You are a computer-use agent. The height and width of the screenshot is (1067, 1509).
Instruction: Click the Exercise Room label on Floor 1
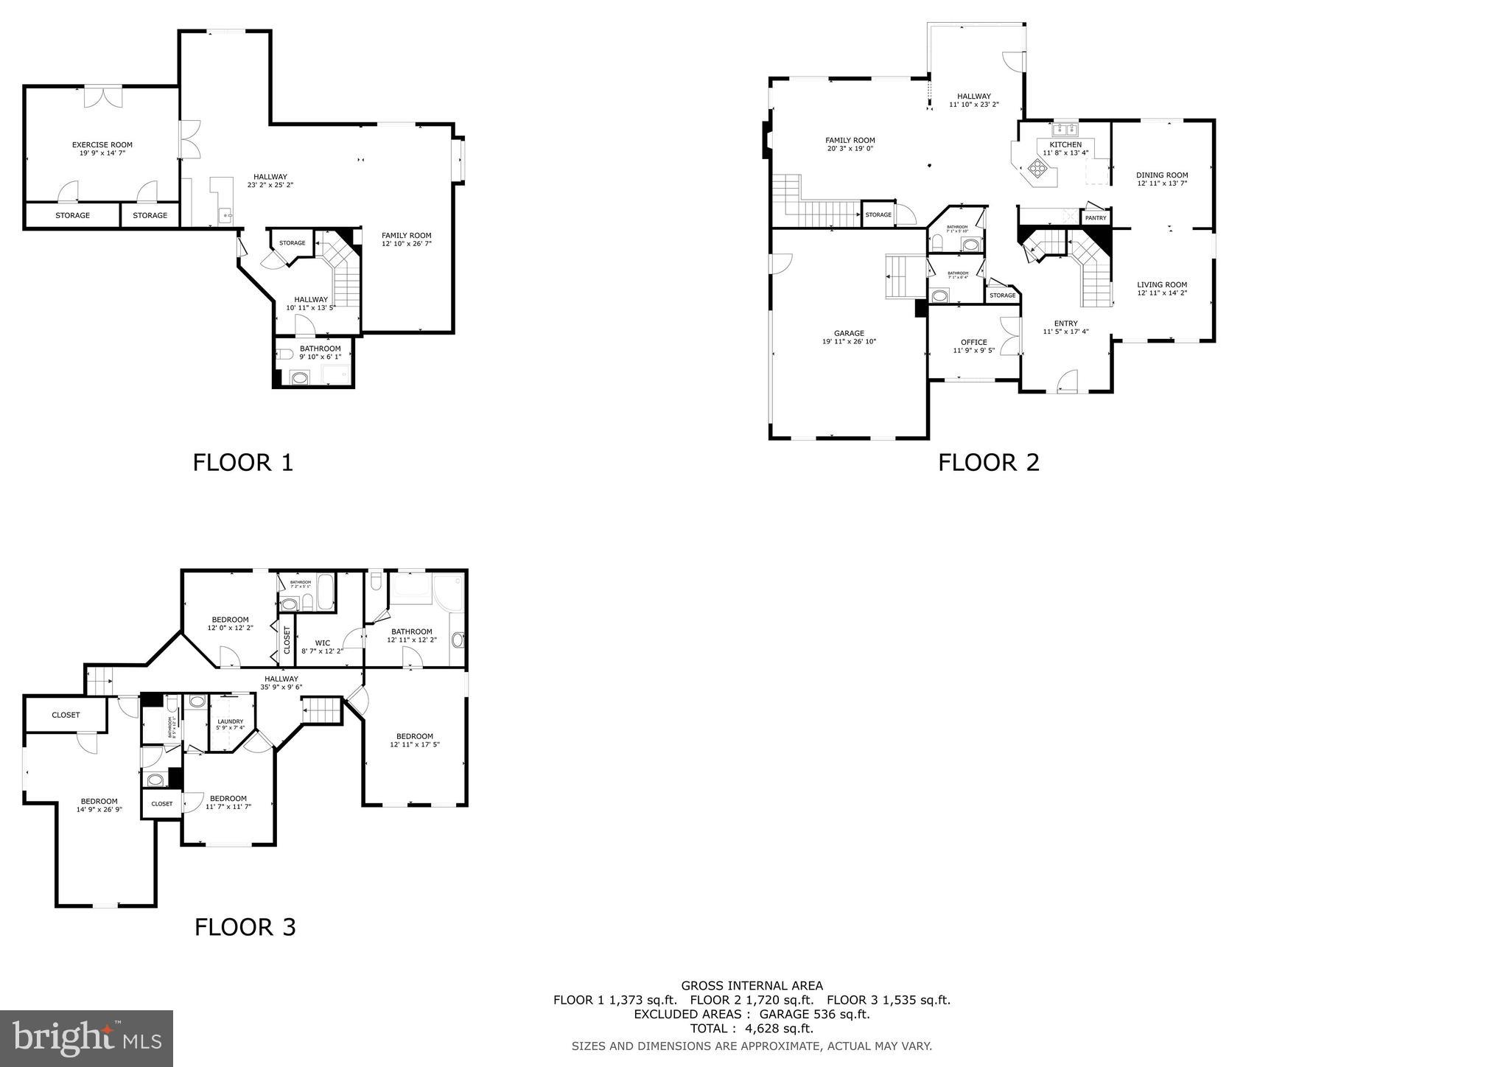click(x=102, y=145)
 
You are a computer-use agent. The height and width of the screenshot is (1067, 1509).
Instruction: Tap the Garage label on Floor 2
click(x=849, y=333)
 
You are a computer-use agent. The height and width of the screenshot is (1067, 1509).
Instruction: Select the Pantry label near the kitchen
click(x=1096, y=218)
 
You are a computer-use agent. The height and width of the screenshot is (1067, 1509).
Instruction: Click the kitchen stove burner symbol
click(x=1037, y=169)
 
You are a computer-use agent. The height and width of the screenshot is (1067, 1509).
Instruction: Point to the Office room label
click(x=973, y=342)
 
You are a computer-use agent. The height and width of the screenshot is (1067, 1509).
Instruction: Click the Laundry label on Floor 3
click(x=230, y=721)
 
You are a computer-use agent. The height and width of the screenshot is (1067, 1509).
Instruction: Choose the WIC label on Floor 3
click(x=322, y=643)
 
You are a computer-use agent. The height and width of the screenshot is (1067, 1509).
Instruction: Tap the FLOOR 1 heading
click(x=243, y=463)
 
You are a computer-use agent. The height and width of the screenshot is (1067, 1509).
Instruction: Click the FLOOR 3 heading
click(x=245, y=927)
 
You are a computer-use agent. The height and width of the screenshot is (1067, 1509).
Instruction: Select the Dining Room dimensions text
click(x=1162, y=183)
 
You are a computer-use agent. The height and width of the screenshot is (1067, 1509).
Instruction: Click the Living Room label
click(x=1162, y=285)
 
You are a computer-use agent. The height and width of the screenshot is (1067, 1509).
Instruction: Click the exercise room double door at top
click(x=103, y=97)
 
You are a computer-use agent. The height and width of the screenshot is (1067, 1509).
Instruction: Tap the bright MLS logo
click(x=87, y=1038)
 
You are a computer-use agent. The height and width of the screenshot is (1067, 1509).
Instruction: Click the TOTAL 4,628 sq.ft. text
click(x=752, y=1029)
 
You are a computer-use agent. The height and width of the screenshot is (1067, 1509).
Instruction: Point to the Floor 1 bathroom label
click(x=320, y=349)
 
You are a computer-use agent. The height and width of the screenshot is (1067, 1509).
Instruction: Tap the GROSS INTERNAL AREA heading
click(x=752, y=986)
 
